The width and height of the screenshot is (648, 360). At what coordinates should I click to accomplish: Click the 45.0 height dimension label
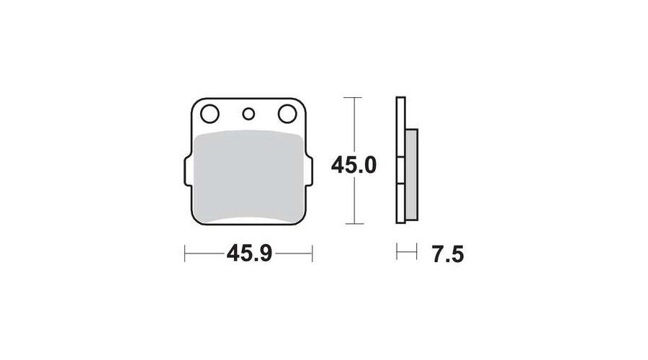click(x=354, y=166)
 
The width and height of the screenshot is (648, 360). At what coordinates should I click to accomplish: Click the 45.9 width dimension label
click(x=249, y=253)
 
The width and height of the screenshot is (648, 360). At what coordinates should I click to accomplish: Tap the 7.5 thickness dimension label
click(x=448, y=253)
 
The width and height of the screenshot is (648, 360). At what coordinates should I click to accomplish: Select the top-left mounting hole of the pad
click(x=210, y=114)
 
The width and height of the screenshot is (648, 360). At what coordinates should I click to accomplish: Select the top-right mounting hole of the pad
click(x=287, y=114)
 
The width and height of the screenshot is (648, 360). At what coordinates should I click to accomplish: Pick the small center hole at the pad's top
click(x=248, y=114)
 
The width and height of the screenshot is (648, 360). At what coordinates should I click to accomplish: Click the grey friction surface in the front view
click(x=248, y=176)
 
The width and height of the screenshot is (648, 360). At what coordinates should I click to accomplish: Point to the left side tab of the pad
click(x=188, y=170)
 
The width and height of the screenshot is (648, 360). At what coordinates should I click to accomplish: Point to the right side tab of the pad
click(x=309, y=170)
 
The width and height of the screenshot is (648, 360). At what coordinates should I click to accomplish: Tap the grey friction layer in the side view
click(x=412, y=174)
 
